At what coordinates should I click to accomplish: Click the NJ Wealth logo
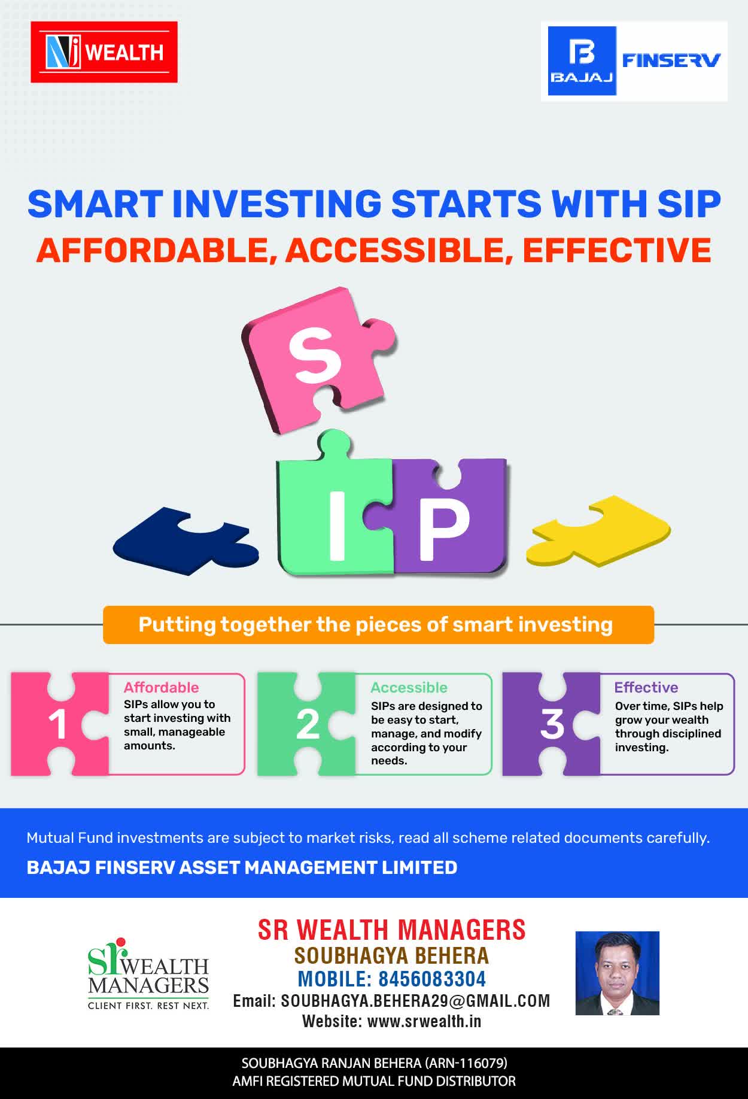coord(104,52)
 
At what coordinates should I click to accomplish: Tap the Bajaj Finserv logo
coord(634,61)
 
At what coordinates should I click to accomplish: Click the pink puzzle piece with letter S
coord(318,359)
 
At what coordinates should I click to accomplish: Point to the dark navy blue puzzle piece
coord(186,541)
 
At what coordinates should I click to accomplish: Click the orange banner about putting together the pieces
coord(378,625)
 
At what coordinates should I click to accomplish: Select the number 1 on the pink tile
coord(57,724)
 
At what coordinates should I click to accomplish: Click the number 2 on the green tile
coord(308,724)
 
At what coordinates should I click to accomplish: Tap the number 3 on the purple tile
coord(552,724)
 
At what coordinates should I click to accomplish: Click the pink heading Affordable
coord(161,687)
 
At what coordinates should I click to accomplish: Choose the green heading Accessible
coord(409,688)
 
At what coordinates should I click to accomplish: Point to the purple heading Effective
coord(646,687)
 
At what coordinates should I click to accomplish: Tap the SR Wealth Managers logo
coord(148,974)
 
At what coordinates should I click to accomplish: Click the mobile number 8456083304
coord(432,979)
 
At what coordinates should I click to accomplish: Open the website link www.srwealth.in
coord(424,1021)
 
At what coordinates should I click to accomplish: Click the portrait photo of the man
coord(617,973)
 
